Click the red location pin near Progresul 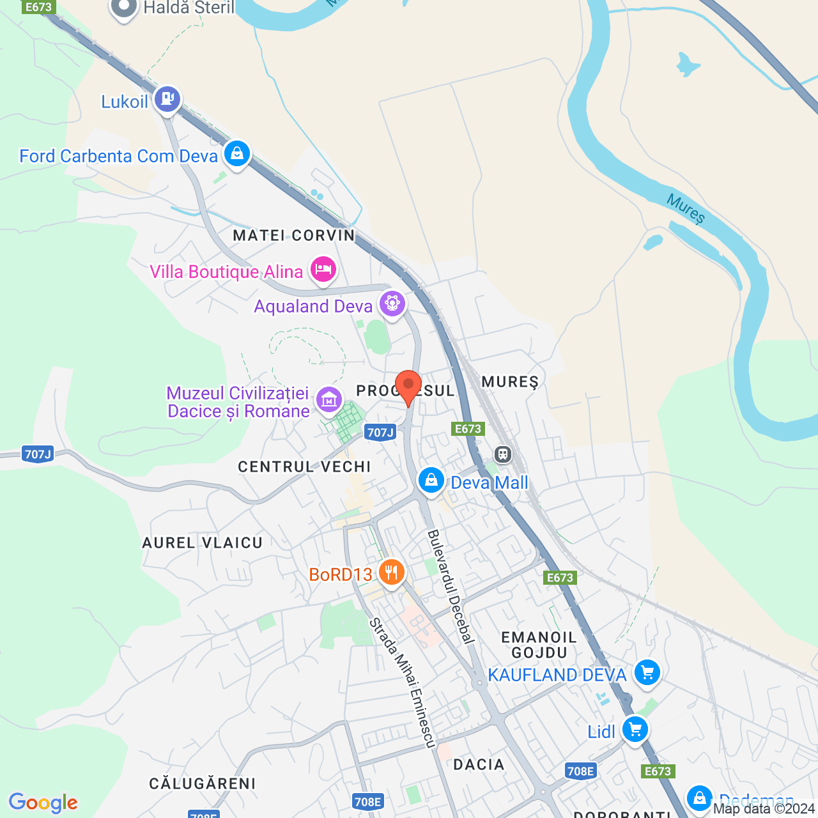408,386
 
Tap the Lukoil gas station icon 167,99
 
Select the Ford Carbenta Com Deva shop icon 237,154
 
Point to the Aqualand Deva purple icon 392,304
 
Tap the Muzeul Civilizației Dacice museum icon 328,400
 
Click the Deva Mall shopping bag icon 431,481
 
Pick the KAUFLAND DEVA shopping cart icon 647,672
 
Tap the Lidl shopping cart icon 635,729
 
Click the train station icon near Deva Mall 504,454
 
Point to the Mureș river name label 686,209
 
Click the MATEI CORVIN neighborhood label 294,235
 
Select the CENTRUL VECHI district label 304,467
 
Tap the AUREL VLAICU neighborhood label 202,543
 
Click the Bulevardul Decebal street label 451,586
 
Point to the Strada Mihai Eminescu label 403,682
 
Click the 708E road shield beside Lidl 580,771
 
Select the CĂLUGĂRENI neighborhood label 202,783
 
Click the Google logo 43,803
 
